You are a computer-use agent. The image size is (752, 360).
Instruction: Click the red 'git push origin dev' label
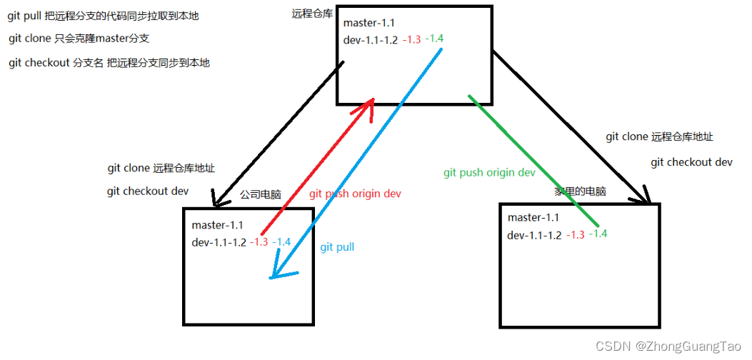pyautogui.click(x=355, y=194)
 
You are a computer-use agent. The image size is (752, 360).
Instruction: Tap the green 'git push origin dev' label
pyautogui.click(x=489, y=173)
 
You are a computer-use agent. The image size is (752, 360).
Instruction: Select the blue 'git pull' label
pyautogui.click(x=337, y=247)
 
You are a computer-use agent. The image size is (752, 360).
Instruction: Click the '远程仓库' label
pyautogui.click(x=312, y=14)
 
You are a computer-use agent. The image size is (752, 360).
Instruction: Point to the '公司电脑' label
pyautogui.click(x=260, y=194)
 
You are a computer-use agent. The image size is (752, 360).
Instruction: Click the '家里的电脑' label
pyautogui.click(x=580, y=191)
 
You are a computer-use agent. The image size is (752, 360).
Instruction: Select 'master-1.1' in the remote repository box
pyautogui.click(x=369, y=24)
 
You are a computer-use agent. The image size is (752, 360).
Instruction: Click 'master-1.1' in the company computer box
pyautogui.click(x=217, y=226)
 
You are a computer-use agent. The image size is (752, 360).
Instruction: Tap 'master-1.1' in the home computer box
pyautogui.click(x=533, y=218)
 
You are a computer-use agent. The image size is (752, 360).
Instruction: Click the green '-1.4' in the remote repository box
pyautogui.click(x=434, y=38)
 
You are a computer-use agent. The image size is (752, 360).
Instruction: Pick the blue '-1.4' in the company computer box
pyautogui.click(x=281, y=242)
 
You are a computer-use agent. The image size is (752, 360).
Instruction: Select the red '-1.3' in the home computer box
pyautogui.click(x=575, y=235)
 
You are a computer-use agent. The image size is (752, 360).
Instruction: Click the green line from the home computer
pyautogui.click(x=528, y=160)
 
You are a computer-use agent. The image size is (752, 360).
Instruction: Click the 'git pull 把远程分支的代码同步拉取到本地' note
pyautogui.click(x=104, y=15)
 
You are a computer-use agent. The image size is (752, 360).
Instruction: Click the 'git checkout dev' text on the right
pyautogui.click(x=691, y=162)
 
